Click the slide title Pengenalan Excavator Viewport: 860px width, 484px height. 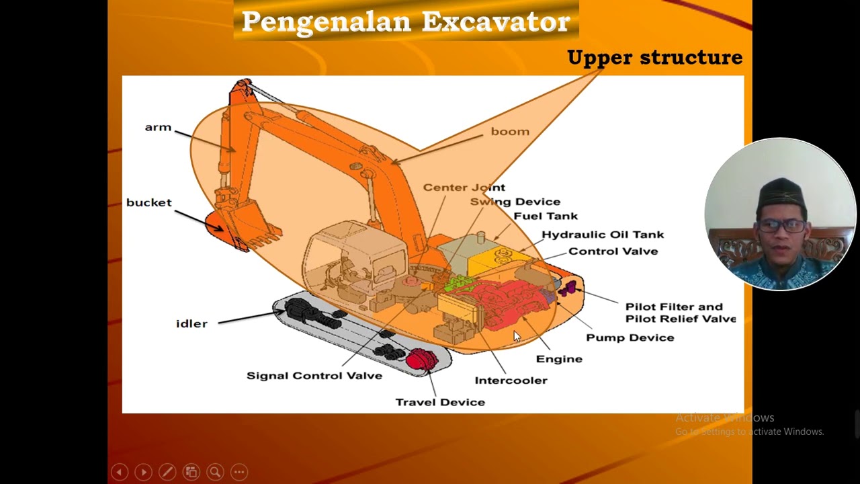406,22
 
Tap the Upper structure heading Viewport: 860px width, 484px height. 654,58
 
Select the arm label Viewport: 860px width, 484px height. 158,128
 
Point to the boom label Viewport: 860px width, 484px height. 510,132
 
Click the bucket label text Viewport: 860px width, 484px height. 149,203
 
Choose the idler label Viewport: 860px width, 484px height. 191,324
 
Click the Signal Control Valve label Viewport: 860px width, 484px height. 314,376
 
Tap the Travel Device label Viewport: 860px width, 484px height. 440,402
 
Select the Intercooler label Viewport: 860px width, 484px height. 511,380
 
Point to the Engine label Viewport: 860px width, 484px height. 559,359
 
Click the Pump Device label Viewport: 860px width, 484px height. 630,337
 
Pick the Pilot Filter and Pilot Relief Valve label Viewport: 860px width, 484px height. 680,313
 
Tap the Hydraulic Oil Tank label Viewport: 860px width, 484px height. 603,235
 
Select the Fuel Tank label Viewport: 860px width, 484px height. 546,216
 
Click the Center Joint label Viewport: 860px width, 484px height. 464,188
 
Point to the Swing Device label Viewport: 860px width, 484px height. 515,202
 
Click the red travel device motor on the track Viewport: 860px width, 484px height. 421,360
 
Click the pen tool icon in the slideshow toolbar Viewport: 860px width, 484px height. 167,472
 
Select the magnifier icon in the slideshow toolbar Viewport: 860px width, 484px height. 215,472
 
